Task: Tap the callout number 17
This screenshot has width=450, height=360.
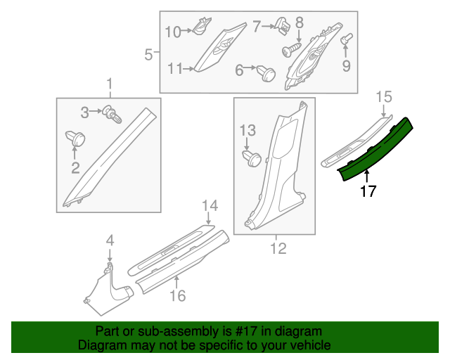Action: (368, 191)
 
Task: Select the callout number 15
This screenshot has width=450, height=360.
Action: (383, 96)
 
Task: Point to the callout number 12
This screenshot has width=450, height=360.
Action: (278, 248)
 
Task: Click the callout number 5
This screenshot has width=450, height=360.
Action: (148, 53)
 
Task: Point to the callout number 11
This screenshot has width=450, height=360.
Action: (174, 68)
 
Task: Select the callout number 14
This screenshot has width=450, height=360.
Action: (211, 205)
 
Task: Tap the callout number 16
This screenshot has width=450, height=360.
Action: (178, 296)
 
